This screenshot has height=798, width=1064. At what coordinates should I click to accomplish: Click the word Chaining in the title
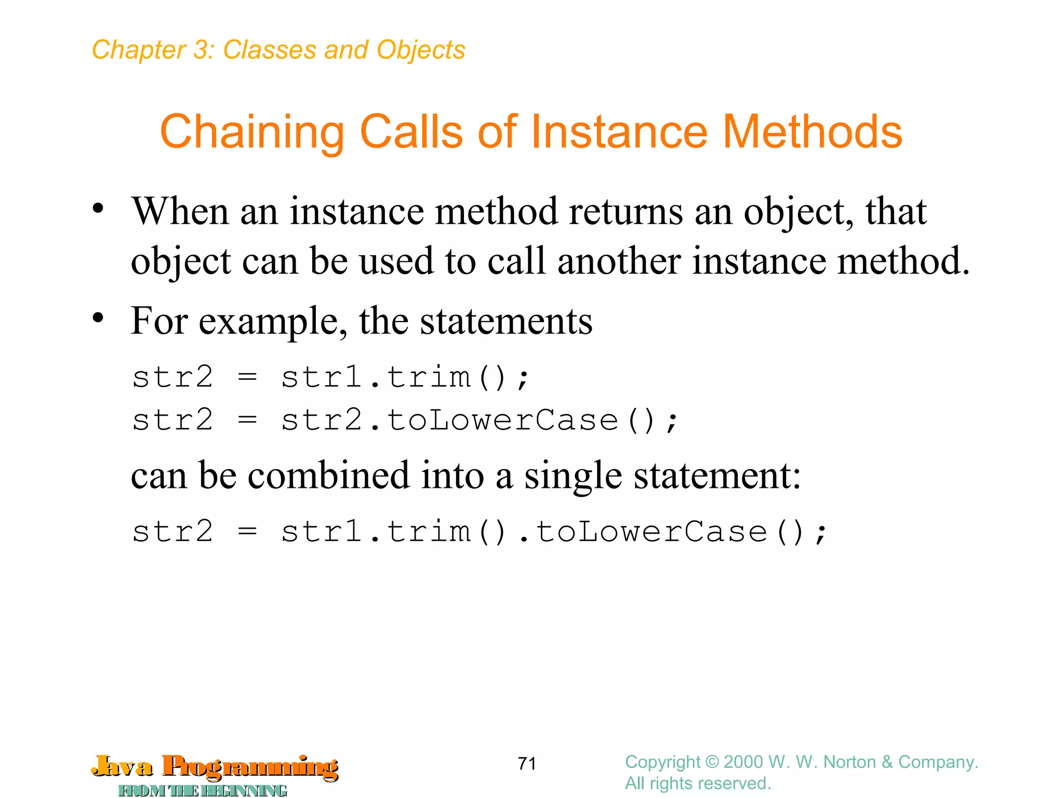(x=252, y=132)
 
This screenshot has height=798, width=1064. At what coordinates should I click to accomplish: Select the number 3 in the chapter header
(x=201, y=50)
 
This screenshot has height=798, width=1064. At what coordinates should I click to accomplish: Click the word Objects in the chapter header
(x=421, y=50)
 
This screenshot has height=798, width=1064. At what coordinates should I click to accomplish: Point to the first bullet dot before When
(x=98, y=209)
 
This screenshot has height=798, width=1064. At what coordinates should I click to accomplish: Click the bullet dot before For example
(x=98, y=317)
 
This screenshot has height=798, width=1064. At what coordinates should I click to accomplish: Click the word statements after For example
(x=506, y=321)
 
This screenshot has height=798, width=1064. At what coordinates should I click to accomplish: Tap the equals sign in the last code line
(x=247, y=531)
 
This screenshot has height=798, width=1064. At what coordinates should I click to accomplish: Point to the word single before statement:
(x=573, y=476)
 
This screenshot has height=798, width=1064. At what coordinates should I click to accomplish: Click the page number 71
(x=527, y=763)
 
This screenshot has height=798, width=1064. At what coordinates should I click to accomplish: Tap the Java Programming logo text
(x=215, y=766)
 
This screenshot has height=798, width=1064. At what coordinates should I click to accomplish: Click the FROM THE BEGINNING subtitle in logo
(x=203, y=790)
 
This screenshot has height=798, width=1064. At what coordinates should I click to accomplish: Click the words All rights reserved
(x=698, y=783)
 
